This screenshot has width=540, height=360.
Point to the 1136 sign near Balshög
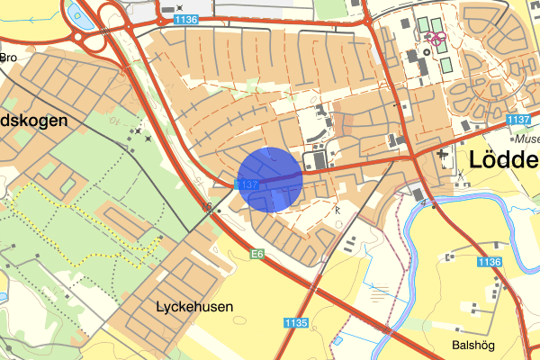tap(489, 261)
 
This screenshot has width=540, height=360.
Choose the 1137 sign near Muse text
tap(517, 119)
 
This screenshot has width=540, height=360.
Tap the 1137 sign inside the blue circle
tap(247, 184)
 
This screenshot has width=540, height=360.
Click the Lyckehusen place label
tap(194, 306)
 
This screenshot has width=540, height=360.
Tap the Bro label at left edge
tap(9, 57)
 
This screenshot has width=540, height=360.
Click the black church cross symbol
tap(443, 157)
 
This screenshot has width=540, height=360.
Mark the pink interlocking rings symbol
tap(436, 38)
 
